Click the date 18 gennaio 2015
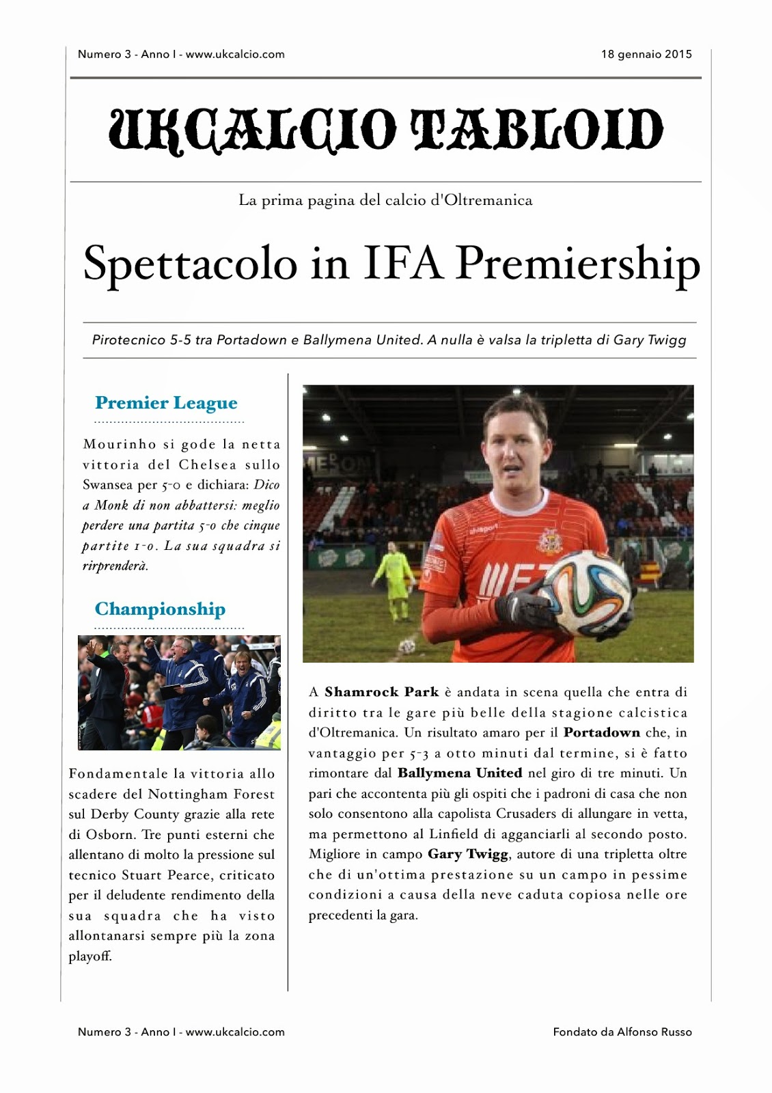pyautogui.click(x=646, y=55)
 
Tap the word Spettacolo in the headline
pyautogui.click(x=190, y=264)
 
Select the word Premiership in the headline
pyautogui.click(x=578, y=264)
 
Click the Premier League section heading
pyautogui.click(x=166, y=403)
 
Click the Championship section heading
pyautogui.click(x=160, y=609)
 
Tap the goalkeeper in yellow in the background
pyautogui.click(x=394, y=581)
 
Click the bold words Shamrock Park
pyautogui.click(x=381, y=692)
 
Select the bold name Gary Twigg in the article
pyautogui.click(x=468, y=855)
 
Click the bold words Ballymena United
pyautogui.click(x=460, y=773)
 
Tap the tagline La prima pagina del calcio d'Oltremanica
pyautogui.click(x=385, y=201)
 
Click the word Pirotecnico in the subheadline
pyautogui.click(x=128, y=340)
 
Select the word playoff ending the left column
pyautogui.click(x=89, y=956)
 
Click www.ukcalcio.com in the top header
pyautogui.click(x=235, y=55)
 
